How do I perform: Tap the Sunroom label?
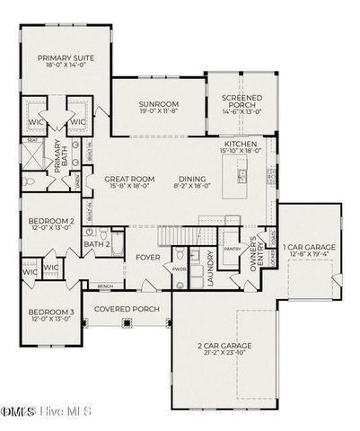pos(157,103)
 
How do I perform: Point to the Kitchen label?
pos(241,144)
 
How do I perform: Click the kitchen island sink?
pos(241,172)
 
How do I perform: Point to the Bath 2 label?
pos(97,243)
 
